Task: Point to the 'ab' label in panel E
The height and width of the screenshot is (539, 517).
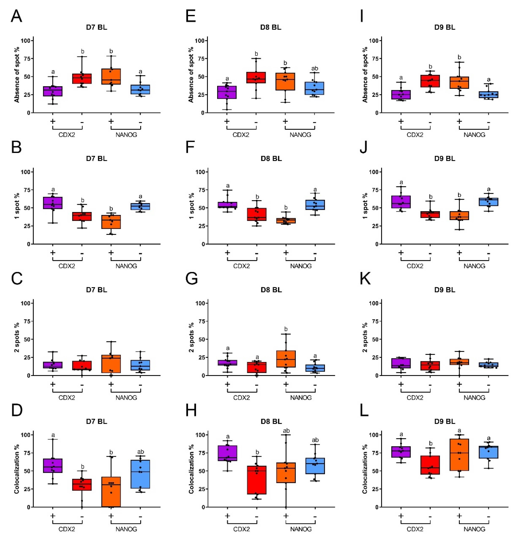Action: tap(315, 68)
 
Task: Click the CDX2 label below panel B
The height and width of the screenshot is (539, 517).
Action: tap(67, 266)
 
